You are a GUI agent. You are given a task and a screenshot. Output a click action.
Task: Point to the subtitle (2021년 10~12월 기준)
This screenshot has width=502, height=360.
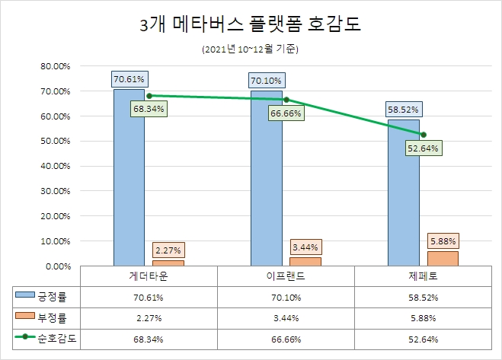(x=251, y=50)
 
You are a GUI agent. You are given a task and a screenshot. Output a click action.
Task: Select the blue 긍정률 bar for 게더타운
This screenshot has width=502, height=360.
(x=129, y=183)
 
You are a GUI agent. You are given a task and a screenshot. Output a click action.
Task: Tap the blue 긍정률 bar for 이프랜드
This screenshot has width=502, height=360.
(x=266, y=183)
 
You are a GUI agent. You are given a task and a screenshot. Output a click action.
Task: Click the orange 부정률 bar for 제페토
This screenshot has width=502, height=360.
(x=443, y=258)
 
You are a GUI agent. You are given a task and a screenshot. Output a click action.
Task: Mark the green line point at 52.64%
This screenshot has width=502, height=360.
(x=423, y=134)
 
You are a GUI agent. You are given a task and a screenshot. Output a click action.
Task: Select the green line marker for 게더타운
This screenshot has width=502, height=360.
(x=149, y=96)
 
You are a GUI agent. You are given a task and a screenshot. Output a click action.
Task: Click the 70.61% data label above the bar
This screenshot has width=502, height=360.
(x=129, y=78)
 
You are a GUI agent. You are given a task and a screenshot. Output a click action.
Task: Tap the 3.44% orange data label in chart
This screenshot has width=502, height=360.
(x=305, y=247)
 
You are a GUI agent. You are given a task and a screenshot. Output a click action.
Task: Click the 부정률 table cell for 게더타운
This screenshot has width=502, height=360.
(x=149, y=316)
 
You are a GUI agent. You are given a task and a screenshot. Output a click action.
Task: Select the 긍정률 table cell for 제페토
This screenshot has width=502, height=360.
(x=423, y=295)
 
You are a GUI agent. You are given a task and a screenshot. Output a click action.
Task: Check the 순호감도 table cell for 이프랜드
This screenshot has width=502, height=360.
(x=286, y=336)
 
